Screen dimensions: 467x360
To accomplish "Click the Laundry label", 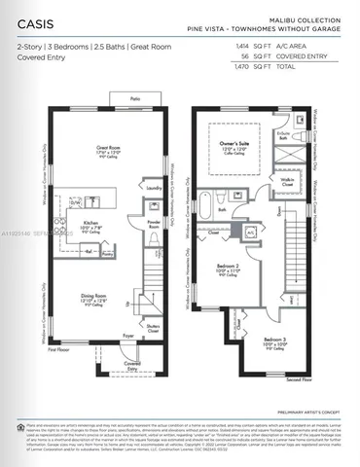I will point(153,187).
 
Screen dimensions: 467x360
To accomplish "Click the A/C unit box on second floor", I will point(250,233).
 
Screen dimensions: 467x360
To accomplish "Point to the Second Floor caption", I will point(298,379).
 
